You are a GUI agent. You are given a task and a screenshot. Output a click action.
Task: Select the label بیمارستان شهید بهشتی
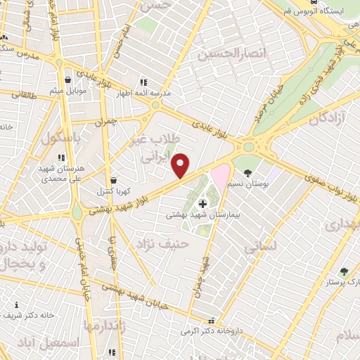click(193, 215)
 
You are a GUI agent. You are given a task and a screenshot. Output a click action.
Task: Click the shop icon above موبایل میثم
click(67, 80)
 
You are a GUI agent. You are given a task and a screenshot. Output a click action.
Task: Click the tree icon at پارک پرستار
click(344, 271)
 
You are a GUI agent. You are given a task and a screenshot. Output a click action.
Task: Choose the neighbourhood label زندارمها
click(105, 326)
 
